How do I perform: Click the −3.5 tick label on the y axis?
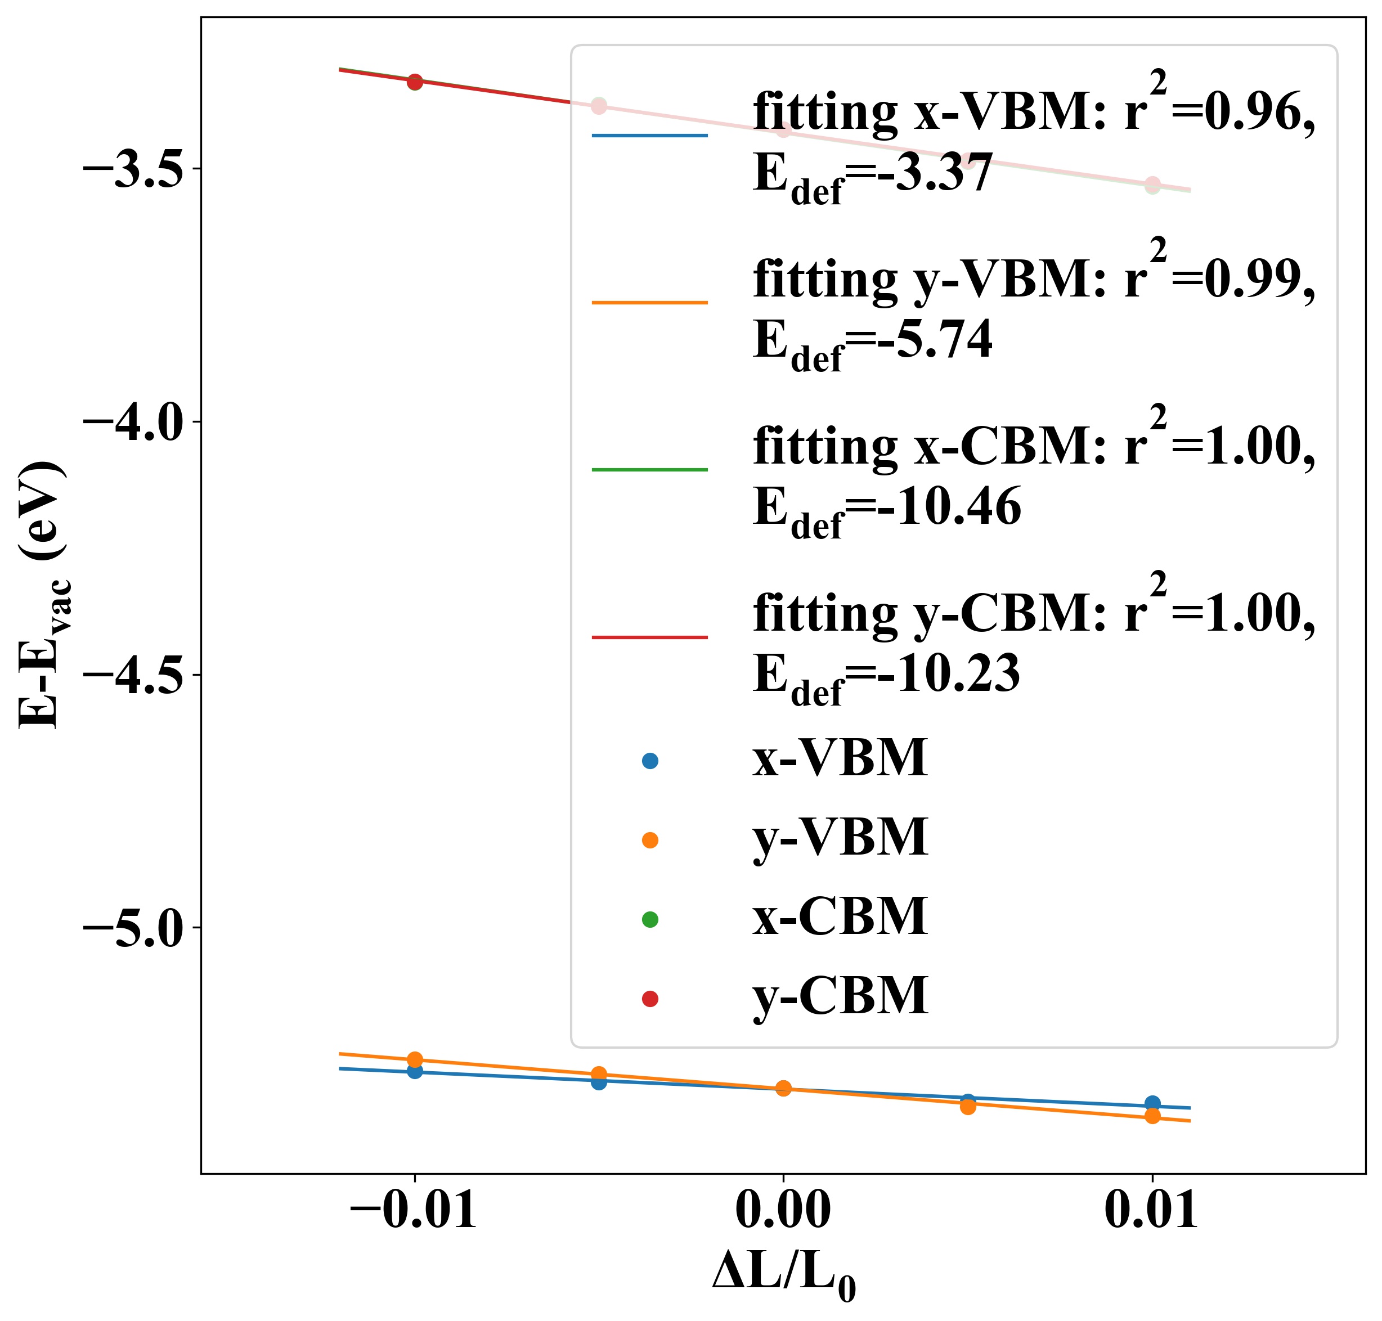(x=133, y=170)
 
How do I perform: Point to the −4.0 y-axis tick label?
(x=133, y=423)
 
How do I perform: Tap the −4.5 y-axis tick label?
(x=133, y=675)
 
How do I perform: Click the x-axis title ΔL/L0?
(x=783, y=1274)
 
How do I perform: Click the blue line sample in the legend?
(x=649, y=135)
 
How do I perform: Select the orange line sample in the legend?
(x=649, y=303)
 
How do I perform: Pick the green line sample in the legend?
(x=649, y=470)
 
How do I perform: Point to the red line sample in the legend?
(x=649, y=637)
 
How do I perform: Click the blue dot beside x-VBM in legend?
(x=649, y=761)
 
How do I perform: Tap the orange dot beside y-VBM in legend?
(x=649, y=840)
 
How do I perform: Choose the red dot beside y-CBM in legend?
(x=649, y=999)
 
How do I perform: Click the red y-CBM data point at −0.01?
(x=414, y=82)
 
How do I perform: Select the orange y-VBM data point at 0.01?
(x=1152, y=1116)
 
